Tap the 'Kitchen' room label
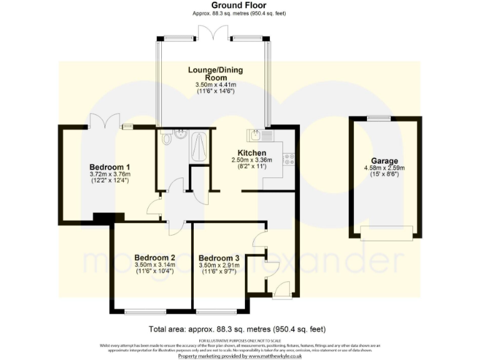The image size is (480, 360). [252, 153]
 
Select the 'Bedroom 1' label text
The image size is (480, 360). [109, 167]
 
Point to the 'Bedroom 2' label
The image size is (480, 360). [154, 257]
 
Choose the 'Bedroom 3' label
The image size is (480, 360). [219, 258]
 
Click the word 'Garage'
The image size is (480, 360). [384, 161]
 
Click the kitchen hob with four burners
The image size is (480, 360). [289, 159]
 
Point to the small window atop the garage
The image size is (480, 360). [378, 118]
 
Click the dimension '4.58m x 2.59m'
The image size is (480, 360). [384, 168]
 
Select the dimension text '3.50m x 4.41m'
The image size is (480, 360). [212, 84]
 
